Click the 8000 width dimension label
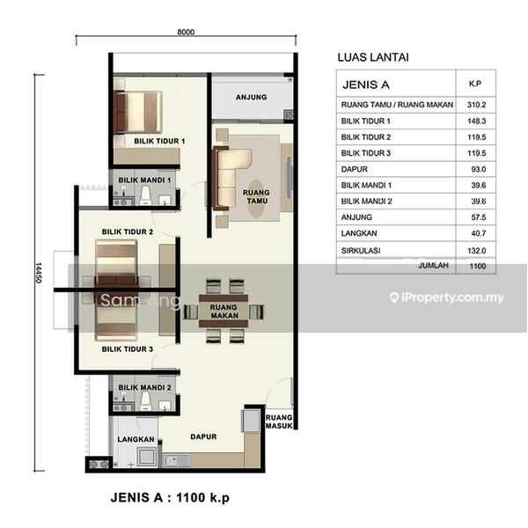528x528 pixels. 186,32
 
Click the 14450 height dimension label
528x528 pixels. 39,273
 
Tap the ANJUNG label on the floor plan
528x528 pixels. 251,98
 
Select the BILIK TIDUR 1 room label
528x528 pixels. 159,141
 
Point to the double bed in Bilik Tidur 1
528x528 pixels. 138,112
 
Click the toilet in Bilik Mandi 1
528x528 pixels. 145,195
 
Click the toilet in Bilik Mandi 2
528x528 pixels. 145,401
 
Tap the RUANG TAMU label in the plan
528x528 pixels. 256,196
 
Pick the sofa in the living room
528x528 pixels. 231,179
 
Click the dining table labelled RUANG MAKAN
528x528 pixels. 224,312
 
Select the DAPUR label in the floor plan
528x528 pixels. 203,436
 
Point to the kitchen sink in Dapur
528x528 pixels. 177,460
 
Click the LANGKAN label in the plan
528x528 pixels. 136,439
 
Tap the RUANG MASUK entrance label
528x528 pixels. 279,422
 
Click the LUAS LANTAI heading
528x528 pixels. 373,57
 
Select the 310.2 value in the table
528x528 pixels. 476,105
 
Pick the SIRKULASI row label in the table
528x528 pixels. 361,251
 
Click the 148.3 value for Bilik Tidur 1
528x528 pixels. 476,121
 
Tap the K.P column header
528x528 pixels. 475,84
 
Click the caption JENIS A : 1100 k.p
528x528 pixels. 170,497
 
